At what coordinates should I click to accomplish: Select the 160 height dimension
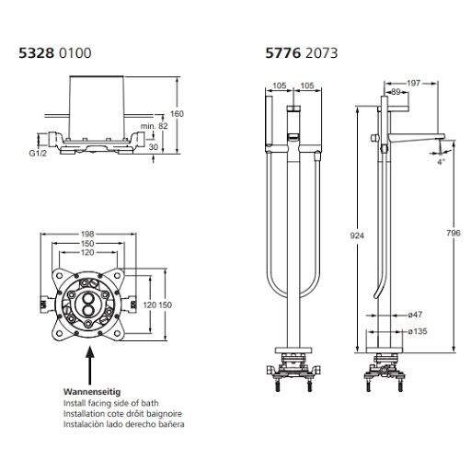[x=177, y=114]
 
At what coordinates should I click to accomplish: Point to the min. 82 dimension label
[x=155, y=126]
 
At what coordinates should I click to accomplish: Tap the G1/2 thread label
[x=38, y=153]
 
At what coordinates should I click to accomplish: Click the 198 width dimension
[x=87, y=234]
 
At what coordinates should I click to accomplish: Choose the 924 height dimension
[x=357, y=235]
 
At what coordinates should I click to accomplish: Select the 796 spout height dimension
[x=454, y=233]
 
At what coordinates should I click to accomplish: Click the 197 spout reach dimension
[x=414, y=83]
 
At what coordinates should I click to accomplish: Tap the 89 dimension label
[x=396, y=92]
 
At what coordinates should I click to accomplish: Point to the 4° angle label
[x=441, y=162]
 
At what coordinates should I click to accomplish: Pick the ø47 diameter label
[x=415, y=315]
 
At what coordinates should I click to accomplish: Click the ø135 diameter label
[x=418, y=331]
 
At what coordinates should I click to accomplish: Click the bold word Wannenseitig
[x=92, y=392]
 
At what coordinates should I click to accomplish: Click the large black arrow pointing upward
[x=90, y=365]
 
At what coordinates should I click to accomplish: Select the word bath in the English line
[x=150, y=403]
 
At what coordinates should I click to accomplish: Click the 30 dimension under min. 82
[x=154, y=147]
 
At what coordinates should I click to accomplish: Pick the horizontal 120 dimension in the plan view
[x=87, y=252]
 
